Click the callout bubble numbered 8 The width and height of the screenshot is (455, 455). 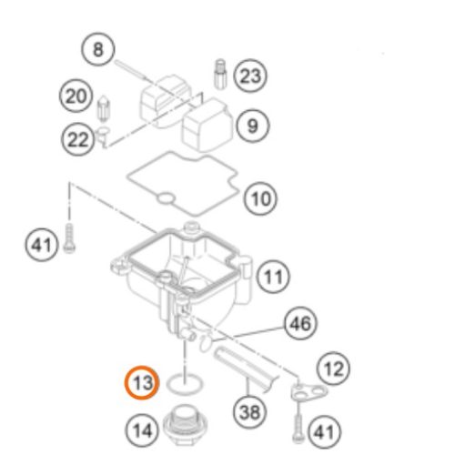pyautogui.click(x=98, y=49)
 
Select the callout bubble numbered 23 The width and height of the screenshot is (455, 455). pyautogui.click(x=250, y=76)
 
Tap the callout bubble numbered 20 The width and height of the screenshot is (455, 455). pyautogui.click(x=76, y=96)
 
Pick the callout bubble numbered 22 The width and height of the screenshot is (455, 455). pyautogui.click(x=78, y=140)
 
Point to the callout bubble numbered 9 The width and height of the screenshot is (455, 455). pyautogui.click(x=252, y=126)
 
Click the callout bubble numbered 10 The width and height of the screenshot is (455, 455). pyautogui.click(x=260, y=199)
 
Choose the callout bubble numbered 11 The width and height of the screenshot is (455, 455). pyautogui.click(x=273, y=277)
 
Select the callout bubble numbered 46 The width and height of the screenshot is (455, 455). pyautogui.click(x=300, y=323)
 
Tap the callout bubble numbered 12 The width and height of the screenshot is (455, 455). pyautogui.click(x=333, y=369)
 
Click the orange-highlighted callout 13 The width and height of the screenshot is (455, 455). pyautogui.click(x=142, y=382)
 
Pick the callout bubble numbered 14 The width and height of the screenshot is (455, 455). pyautogui.click(x=142, y=430)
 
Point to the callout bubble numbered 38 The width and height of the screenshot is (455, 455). pyautogui.click(x=250, y=412)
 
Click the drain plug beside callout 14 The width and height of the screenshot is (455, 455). pyautogui.click(x=186, y=426)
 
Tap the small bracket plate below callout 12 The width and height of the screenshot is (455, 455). pyautogui.click(x=308, y=393)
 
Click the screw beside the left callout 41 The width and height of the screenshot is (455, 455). pyautogui.click(x=69, y=238)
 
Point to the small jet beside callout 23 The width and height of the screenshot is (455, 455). pyautogui.click(x=221, y=74)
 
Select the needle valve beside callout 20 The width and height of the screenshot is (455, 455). pyautogui.click(x=103, y=109)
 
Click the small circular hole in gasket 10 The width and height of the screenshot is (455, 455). pyautogui.click(x=166, y=199)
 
